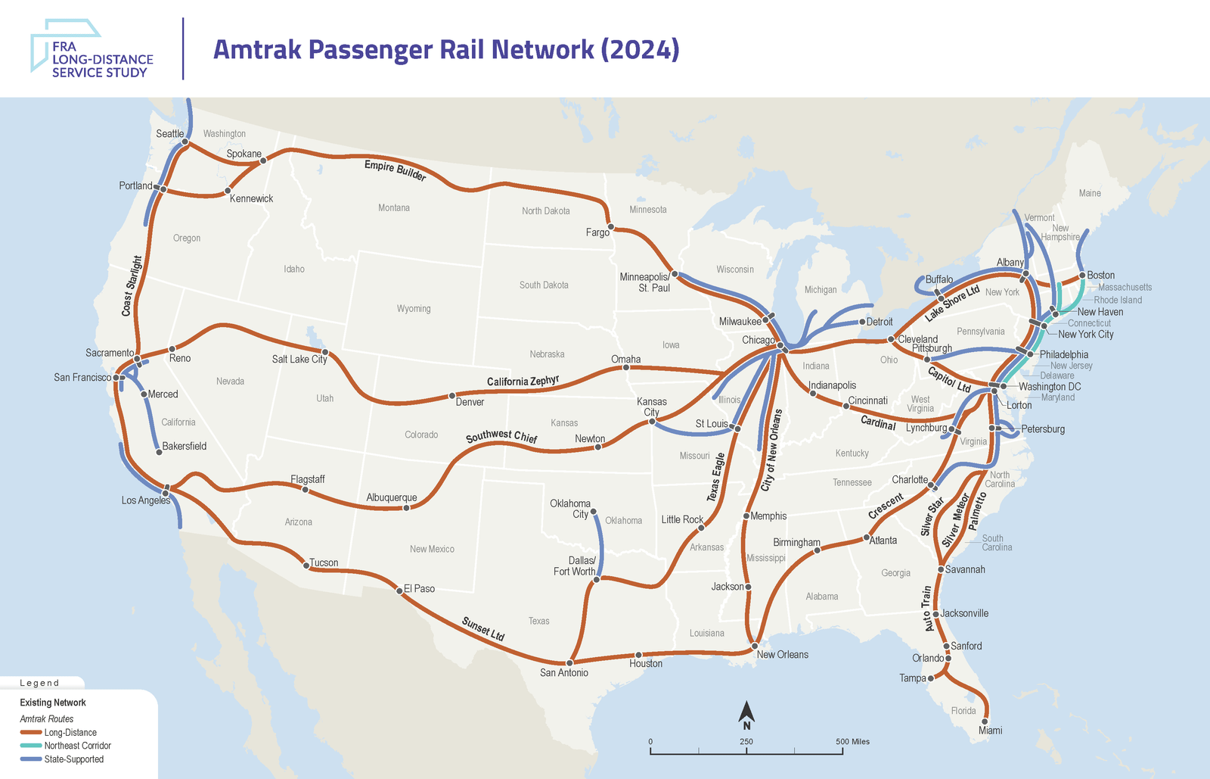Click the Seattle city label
click(x=169, y=134)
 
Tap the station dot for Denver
click(x=452, y=395)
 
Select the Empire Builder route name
click(x=395, y=170)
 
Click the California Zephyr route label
click(x=523, y=381)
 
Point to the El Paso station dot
click(x=399, y=590)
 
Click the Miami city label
click(x=990, y=731)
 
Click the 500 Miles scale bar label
click(x=852, y=741)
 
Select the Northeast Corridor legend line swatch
click(x=31, y=746)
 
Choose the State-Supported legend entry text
click(x=74, y=759)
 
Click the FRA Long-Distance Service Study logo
click(x=91, y=49)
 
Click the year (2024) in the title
click(x=640, y=50)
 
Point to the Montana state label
click(x=394, y=207)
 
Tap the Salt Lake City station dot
click(x=325, y=352)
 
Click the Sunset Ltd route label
click(x=483, y=629)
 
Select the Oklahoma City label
click(x=570, y=509)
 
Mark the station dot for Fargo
click(x=611, y=227)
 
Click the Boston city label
click(x=1100, y=275)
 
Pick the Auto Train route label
click(x=928, y=608)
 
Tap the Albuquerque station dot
click(x=406, y=507)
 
